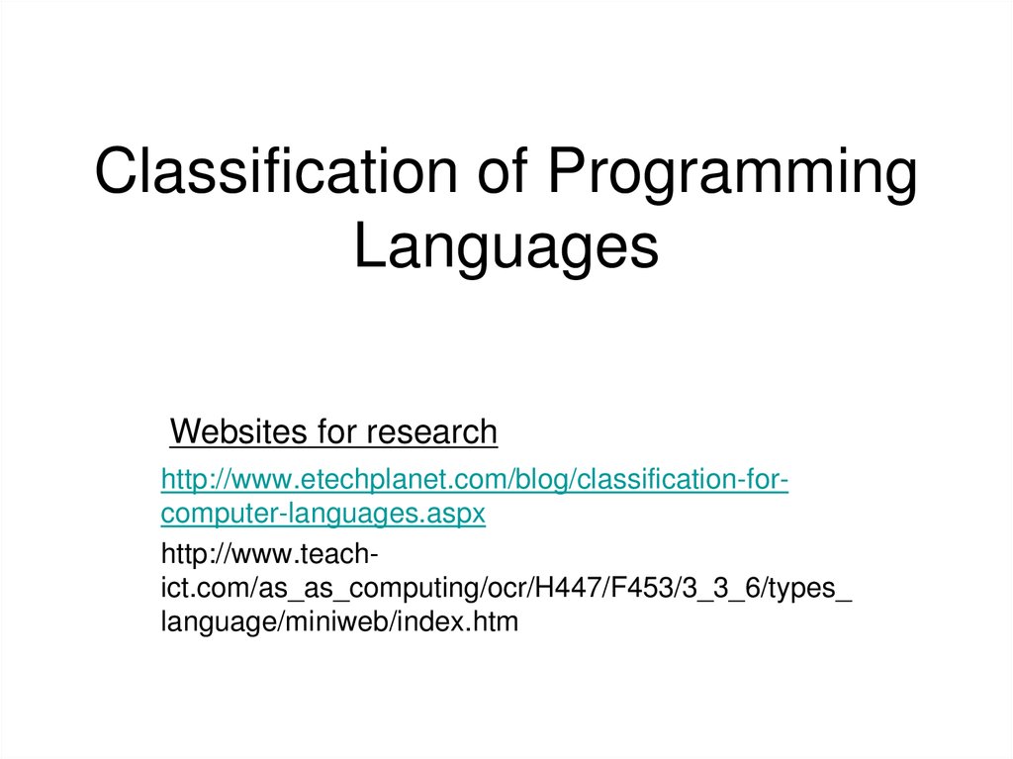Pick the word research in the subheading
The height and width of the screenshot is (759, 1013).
point(431,432)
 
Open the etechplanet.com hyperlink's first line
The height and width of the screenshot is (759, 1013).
point(475,481)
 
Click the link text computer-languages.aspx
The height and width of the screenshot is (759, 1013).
point(323,515)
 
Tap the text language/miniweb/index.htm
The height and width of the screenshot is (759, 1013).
point(339,623)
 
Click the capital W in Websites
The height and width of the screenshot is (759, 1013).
point(183,432)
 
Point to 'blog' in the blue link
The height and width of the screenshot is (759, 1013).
point(538,481)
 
